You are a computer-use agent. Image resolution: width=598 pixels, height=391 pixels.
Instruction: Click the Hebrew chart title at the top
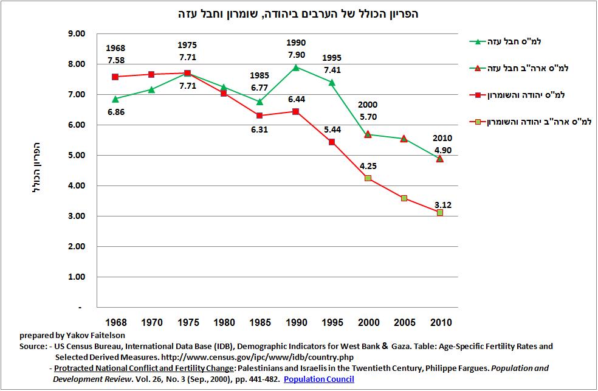pyautogui.click(x=298, y=13)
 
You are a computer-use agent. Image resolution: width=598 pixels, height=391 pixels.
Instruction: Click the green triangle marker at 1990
pyautogui.click(x=296, y=67)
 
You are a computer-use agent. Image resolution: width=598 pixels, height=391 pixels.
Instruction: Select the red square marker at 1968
pyautogui.click(x=115, y=77)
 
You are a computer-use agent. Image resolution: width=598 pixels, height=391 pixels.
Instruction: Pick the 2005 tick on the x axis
pyautogui.click(x=404, y=322)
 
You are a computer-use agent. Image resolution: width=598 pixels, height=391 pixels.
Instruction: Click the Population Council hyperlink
pyautogui.click(x=318, y=379)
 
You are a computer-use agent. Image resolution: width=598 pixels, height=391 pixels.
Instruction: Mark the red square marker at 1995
pyautogui.click(x=332, y=142)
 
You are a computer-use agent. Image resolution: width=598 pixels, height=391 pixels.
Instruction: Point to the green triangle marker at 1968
pyautogui.click(x=115, y=99)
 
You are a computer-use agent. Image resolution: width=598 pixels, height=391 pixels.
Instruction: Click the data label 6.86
pyautogui.click(x=115, y=113)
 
